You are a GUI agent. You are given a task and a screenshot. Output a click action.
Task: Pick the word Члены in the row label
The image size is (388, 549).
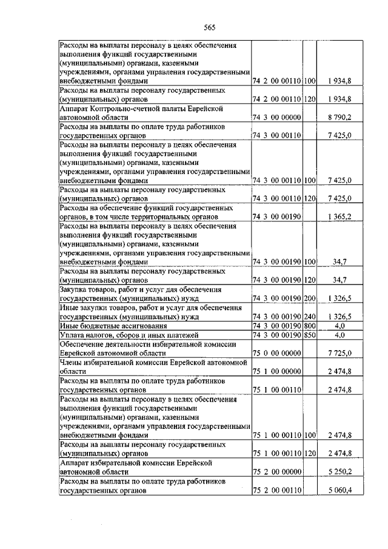tap(72, 363)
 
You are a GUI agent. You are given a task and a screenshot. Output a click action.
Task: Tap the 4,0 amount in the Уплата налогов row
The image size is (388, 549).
tap(339, 334)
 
